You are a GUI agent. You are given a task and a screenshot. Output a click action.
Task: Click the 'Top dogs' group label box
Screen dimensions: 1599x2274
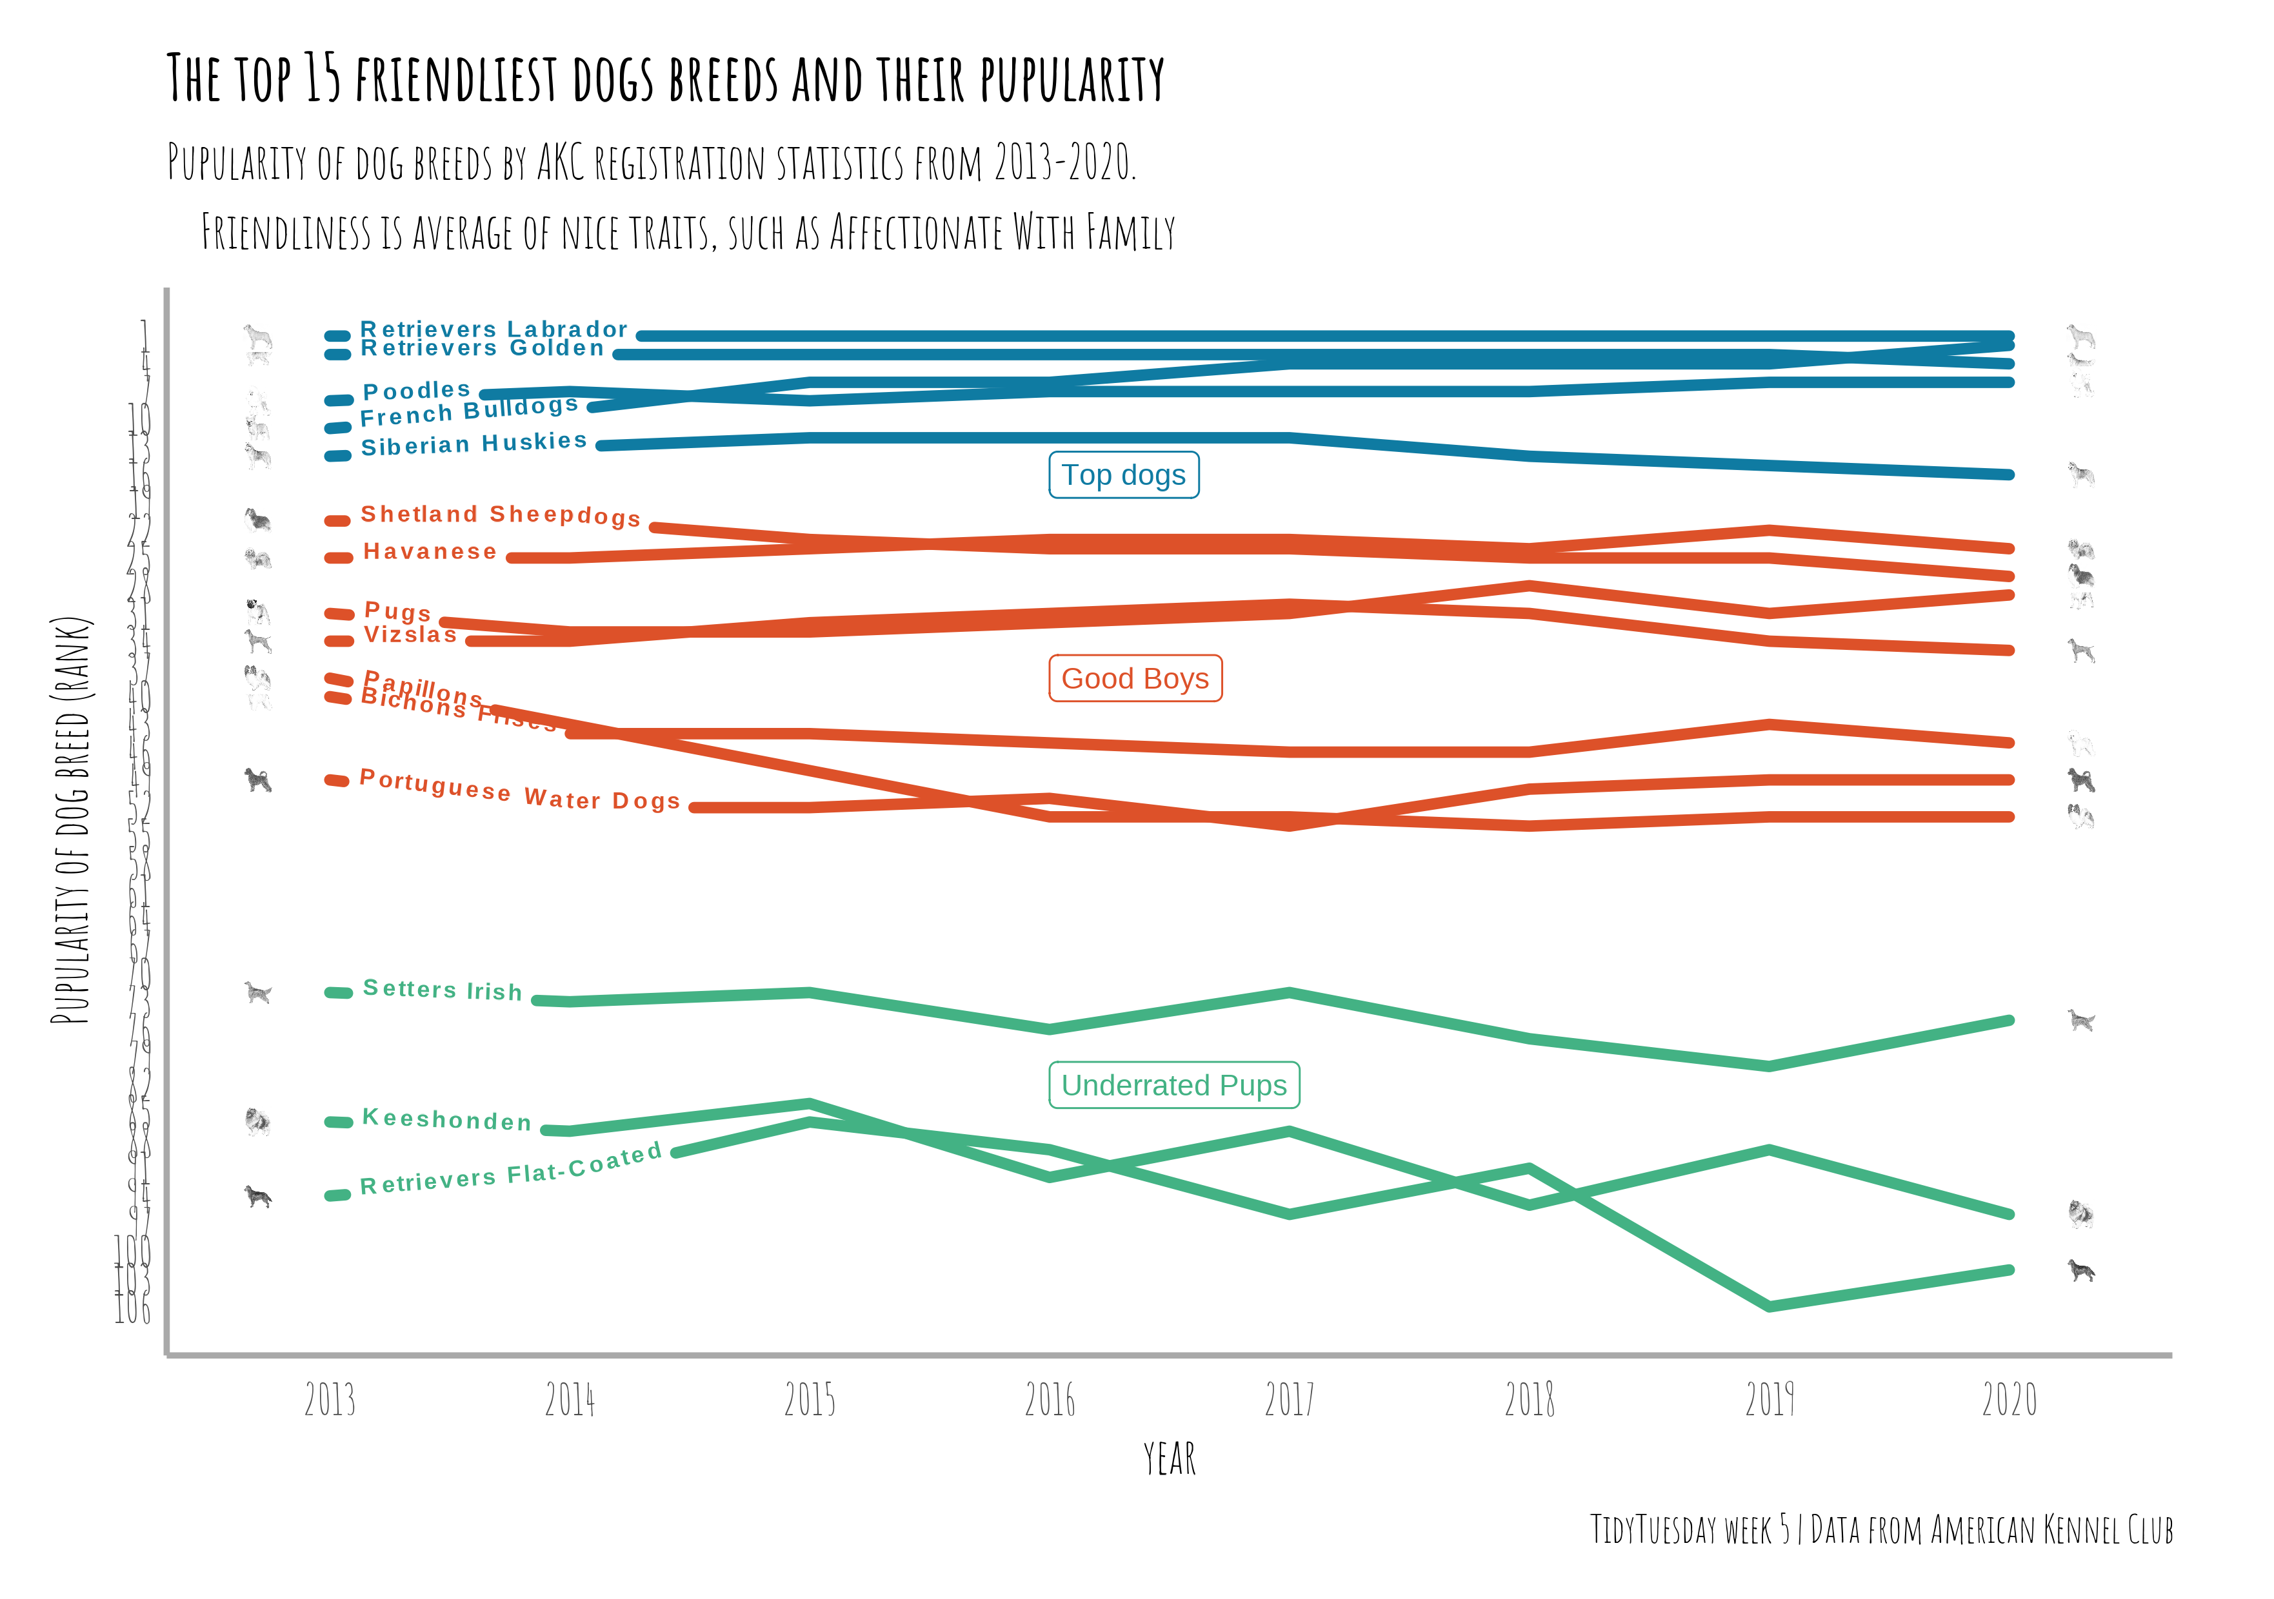pos(1124,475)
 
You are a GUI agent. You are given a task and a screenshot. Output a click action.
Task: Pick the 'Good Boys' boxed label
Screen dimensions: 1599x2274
pos(1135,679)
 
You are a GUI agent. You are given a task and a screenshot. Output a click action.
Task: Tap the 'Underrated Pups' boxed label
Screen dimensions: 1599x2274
pos(1173,1085)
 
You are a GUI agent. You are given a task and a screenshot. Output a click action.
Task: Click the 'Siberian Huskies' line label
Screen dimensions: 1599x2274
pos(474,444)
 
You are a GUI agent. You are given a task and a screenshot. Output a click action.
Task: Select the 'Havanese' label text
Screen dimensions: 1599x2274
pos(430,551)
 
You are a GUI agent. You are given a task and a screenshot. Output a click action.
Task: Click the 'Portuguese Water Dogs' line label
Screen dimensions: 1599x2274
pos(520,790)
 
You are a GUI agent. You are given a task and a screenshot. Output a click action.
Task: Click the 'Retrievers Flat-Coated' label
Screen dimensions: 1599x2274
pos(511,1170)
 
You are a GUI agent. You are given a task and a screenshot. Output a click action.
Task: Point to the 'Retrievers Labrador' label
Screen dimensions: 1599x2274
pos(494,329)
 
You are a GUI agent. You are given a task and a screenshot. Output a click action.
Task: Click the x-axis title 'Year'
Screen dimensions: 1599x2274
pos(1170,1459)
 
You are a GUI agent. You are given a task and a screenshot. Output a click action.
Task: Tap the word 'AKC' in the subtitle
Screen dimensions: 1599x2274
pos(562,163)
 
